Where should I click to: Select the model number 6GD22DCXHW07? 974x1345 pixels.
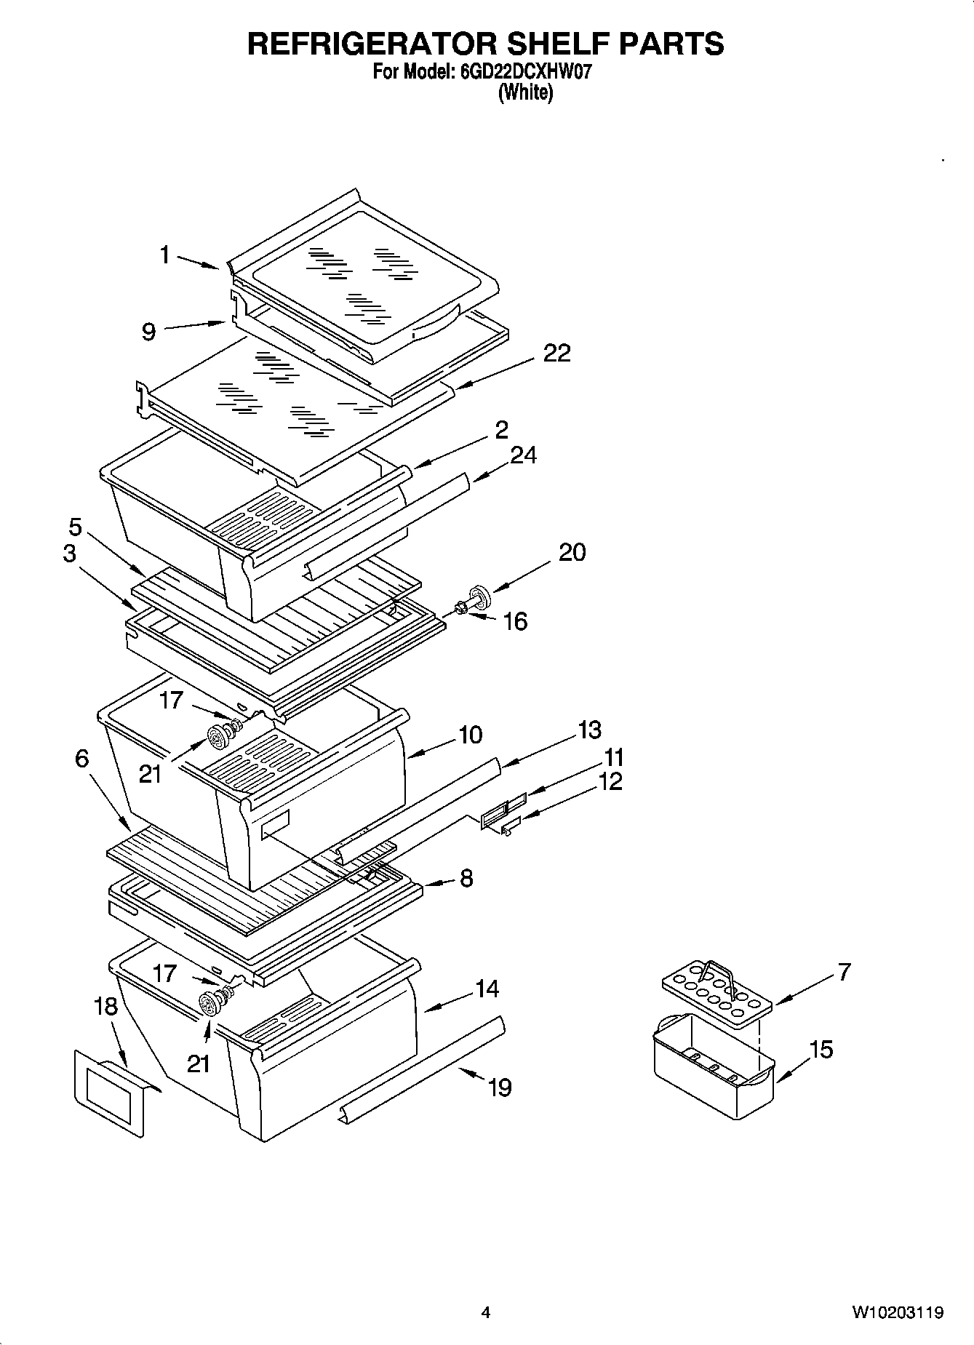[521, 73]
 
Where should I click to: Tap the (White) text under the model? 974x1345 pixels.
[524, 93]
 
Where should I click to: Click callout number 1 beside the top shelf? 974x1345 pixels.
[165, 255]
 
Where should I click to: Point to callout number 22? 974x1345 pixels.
[556, 354]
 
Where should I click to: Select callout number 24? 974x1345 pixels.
[523, 455]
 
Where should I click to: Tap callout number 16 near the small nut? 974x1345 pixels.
[515, 621]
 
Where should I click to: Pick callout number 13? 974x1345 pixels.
[590, 730]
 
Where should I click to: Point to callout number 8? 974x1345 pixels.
[466, 878]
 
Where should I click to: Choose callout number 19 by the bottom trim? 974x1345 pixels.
[500, 1087]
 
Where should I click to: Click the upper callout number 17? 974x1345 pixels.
[172, 701]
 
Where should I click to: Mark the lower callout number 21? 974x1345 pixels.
[198, 1063]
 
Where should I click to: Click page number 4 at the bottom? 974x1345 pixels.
[486, 1313]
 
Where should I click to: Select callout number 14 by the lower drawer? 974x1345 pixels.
[487, 989]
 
